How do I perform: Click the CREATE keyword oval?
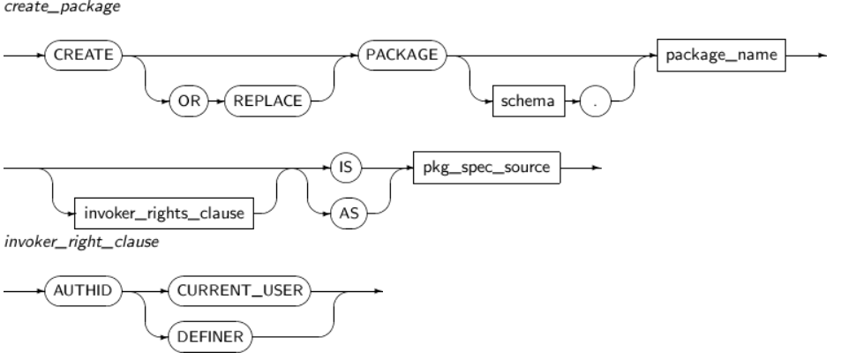click(x=84, y=54)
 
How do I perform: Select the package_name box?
click(x=721, y=54)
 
